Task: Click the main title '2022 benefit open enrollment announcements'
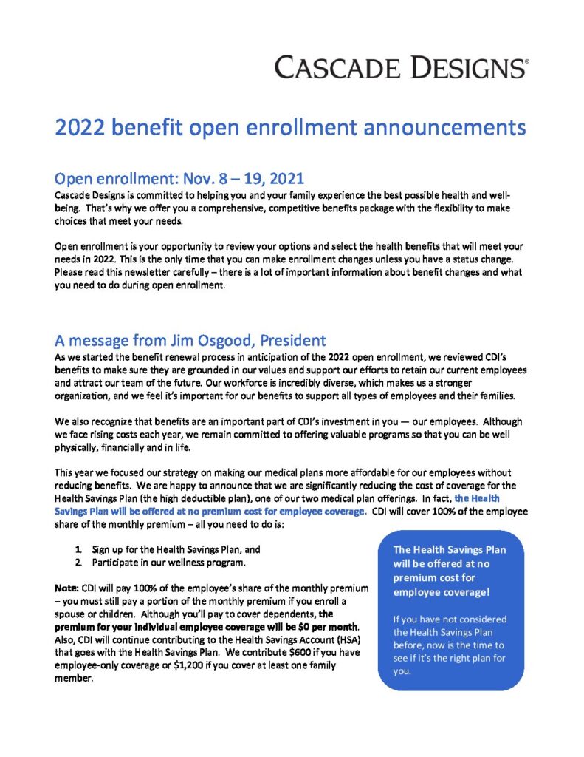[290, 128]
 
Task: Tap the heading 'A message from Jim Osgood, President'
[190, 341]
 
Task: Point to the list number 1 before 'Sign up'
[78, 550]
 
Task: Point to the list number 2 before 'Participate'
[78, 563]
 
